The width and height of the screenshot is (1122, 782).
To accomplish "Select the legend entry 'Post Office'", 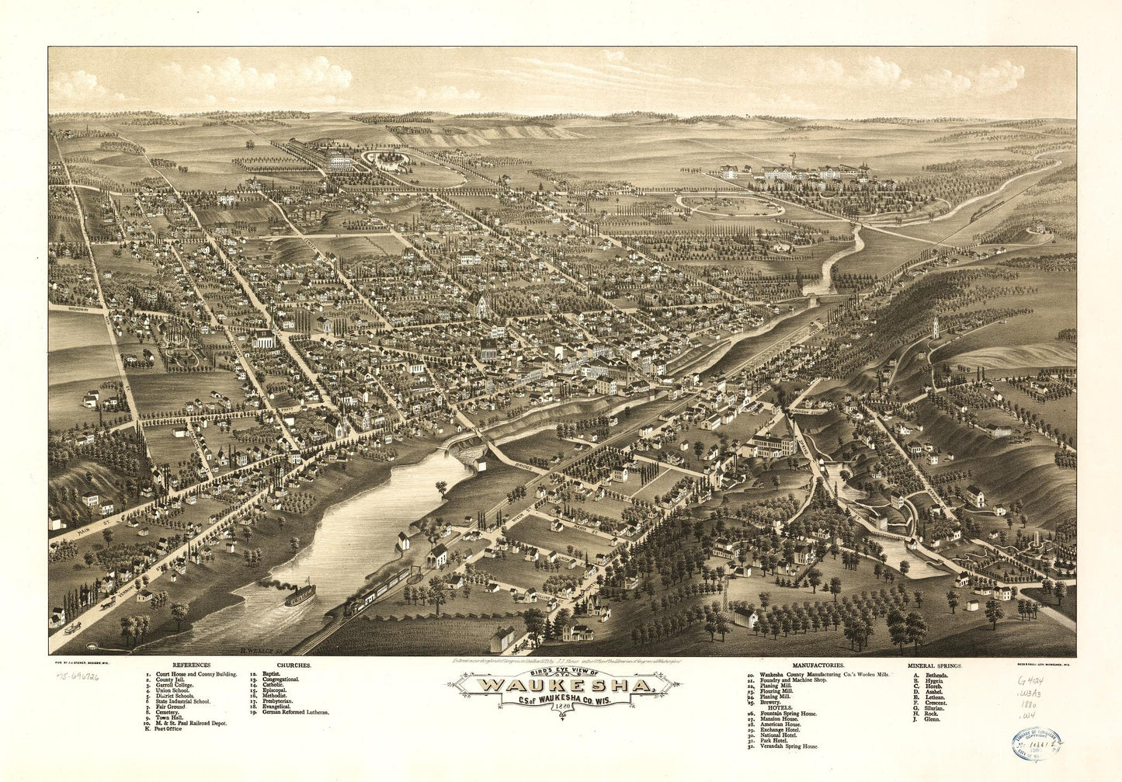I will point(168,729).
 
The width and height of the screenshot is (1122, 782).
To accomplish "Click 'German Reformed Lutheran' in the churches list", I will point(294,712).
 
